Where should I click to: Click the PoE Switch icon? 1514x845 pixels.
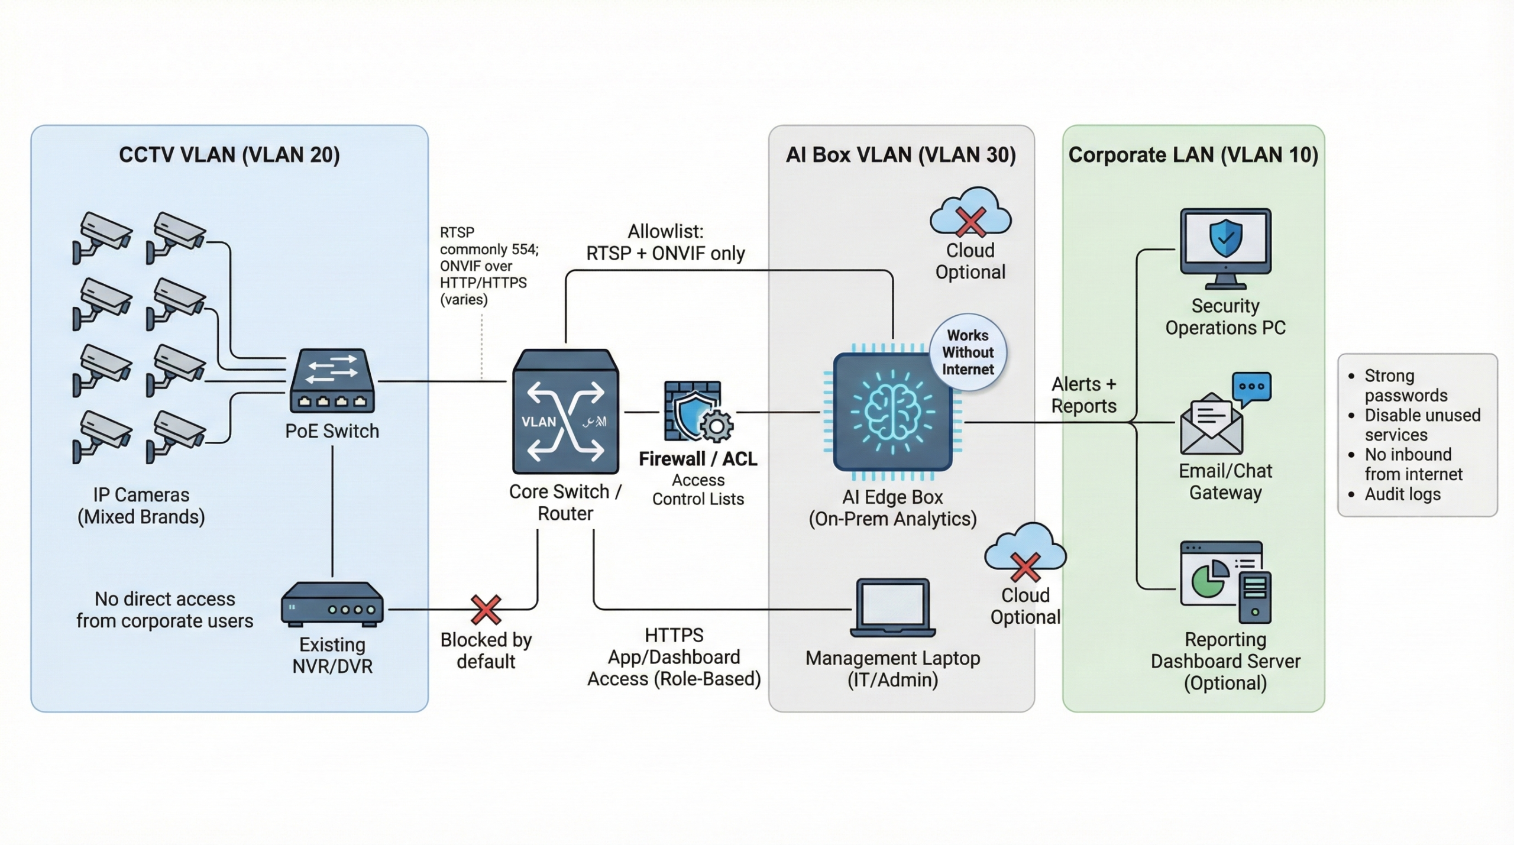pos(332,381)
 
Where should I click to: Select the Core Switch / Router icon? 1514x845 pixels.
pos(565,412)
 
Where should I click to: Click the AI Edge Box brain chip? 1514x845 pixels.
pos(892,412)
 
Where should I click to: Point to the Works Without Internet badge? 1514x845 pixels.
pos(968,352)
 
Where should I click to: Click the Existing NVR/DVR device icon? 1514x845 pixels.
pos(332,604)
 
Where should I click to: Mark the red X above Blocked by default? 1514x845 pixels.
pos(486,609)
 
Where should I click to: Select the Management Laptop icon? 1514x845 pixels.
pos(892,607)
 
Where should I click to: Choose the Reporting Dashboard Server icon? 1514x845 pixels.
pos(1225,581)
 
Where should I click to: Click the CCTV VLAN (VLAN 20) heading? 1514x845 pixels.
pos(229,155)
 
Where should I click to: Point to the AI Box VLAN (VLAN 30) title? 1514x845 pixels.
pos(900,155)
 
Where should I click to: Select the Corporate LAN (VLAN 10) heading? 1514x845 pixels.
pos(1193,155)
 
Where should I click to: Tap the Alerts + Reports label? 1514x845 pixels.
pos(1083,395)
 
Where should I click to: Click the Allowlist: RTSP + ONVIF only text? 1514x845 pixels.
pos(665,242)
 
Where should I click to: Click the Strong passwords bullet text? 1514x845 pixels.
pos(1405,385)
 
